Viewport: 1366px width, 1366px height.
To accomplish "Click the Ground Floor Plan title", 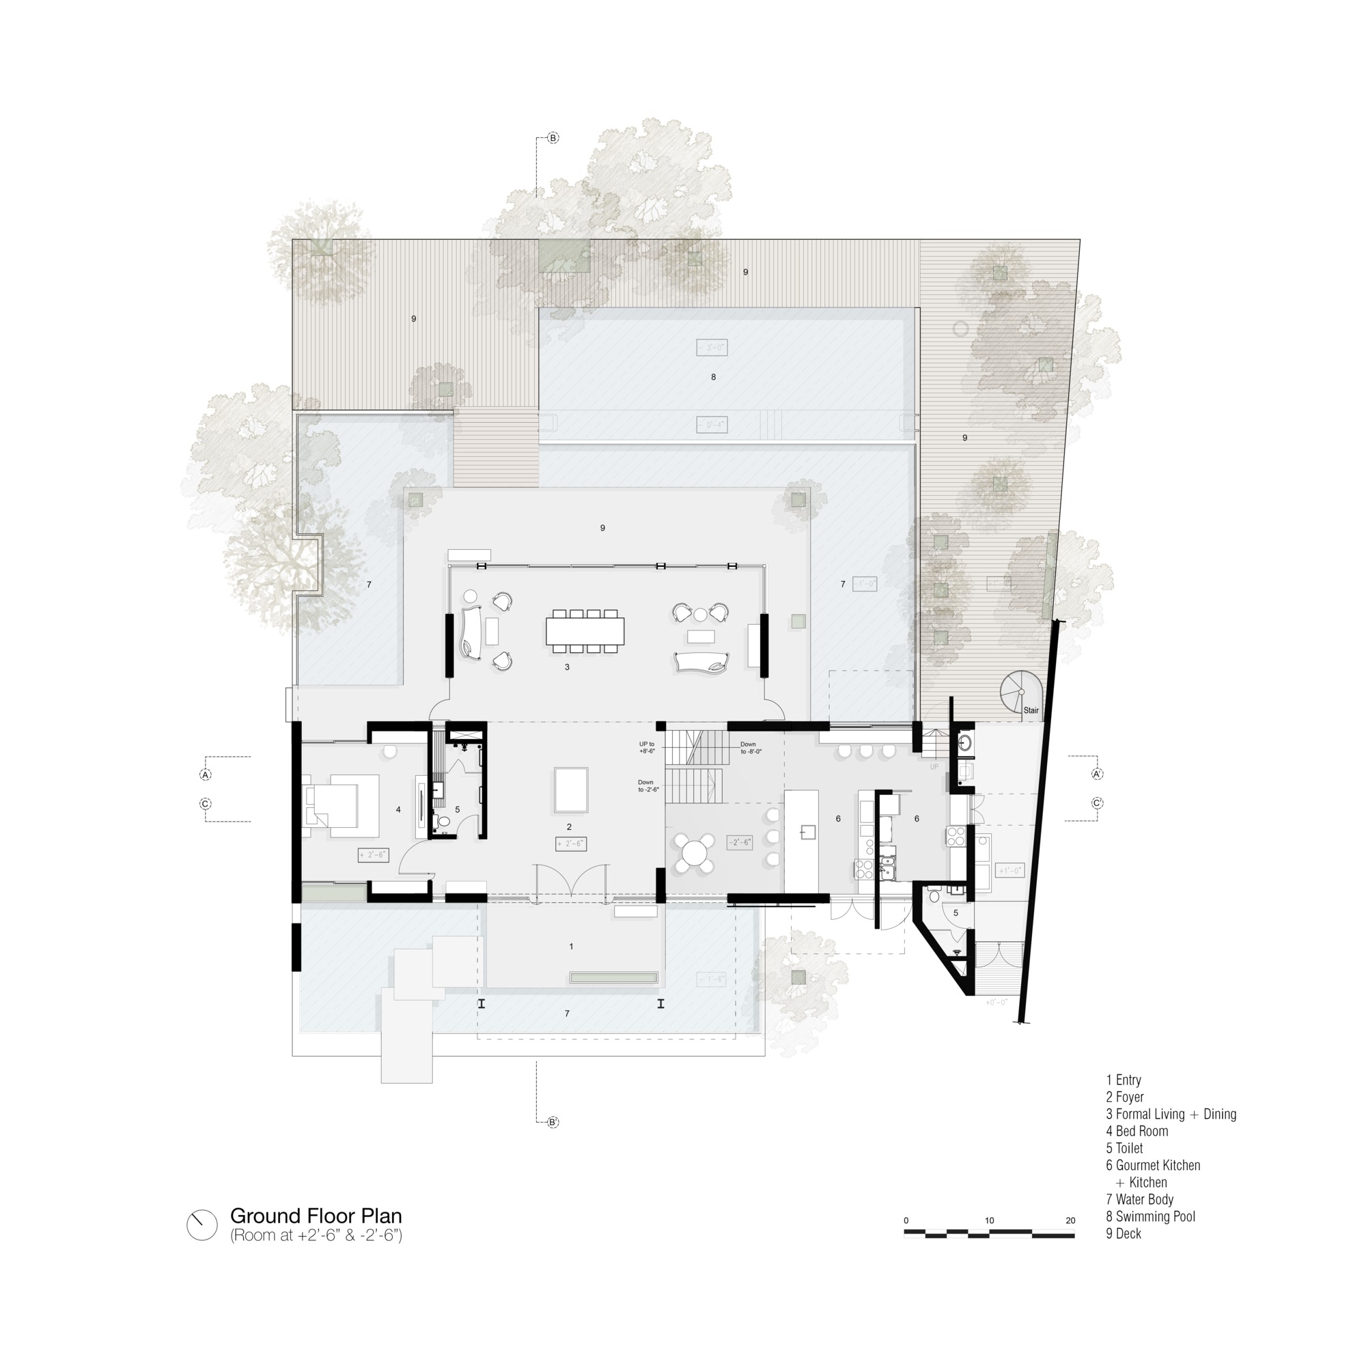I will pyautogui.click(x=316, y=1216).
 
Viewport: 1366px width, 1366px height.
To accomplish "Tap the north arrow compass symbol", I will pyautogui.click(x=202, y=1225).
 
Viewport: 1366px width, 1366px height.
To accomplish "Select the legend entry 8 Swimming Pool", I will pyautogui.click(x=1150, y=1216).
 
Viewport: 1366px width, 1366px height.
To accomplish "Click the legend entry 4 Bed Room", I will pyautogui.click(x=1137, y=1130).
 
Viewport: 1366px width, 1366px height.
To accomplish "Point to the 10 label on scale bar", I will pyautogui.click(x=989, y=1221).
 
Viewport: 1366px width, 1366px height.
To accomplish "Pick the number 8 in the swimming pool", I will pyautogui.click(x=714, y=377).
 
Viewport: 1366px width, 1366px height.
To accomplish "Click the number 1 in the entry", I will pyautogui.click(x=571, y=946).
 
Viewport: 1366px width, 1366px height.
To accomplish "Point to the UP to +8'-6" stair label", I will pyautogui.click(x=646, y=747).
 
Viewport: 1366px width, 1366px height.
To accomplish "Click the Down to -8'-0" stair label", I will pyautogui.click(x=750, y=747).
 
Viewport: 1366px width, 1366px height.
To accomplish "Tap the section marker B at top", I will pyautogui.click(x=554, y=138).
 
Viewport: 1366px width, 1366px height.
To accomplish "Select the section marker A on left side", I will pyautogui.click(x=206, y=775).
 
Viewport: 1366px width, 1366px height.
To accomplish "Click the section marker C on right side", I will pyautogui.click(x=1098, y=803).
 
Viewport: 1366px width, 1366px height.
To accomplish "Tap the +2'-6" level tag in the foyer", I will pyautogui.click(x=570, y=844).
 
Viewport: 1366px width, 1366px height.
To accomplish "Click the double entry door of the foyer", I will pyautogui.click(x=570, y=884).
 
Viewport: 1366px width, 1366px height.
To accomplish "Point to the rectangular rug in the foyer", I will pyautogui.click(x=570, y=790).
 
